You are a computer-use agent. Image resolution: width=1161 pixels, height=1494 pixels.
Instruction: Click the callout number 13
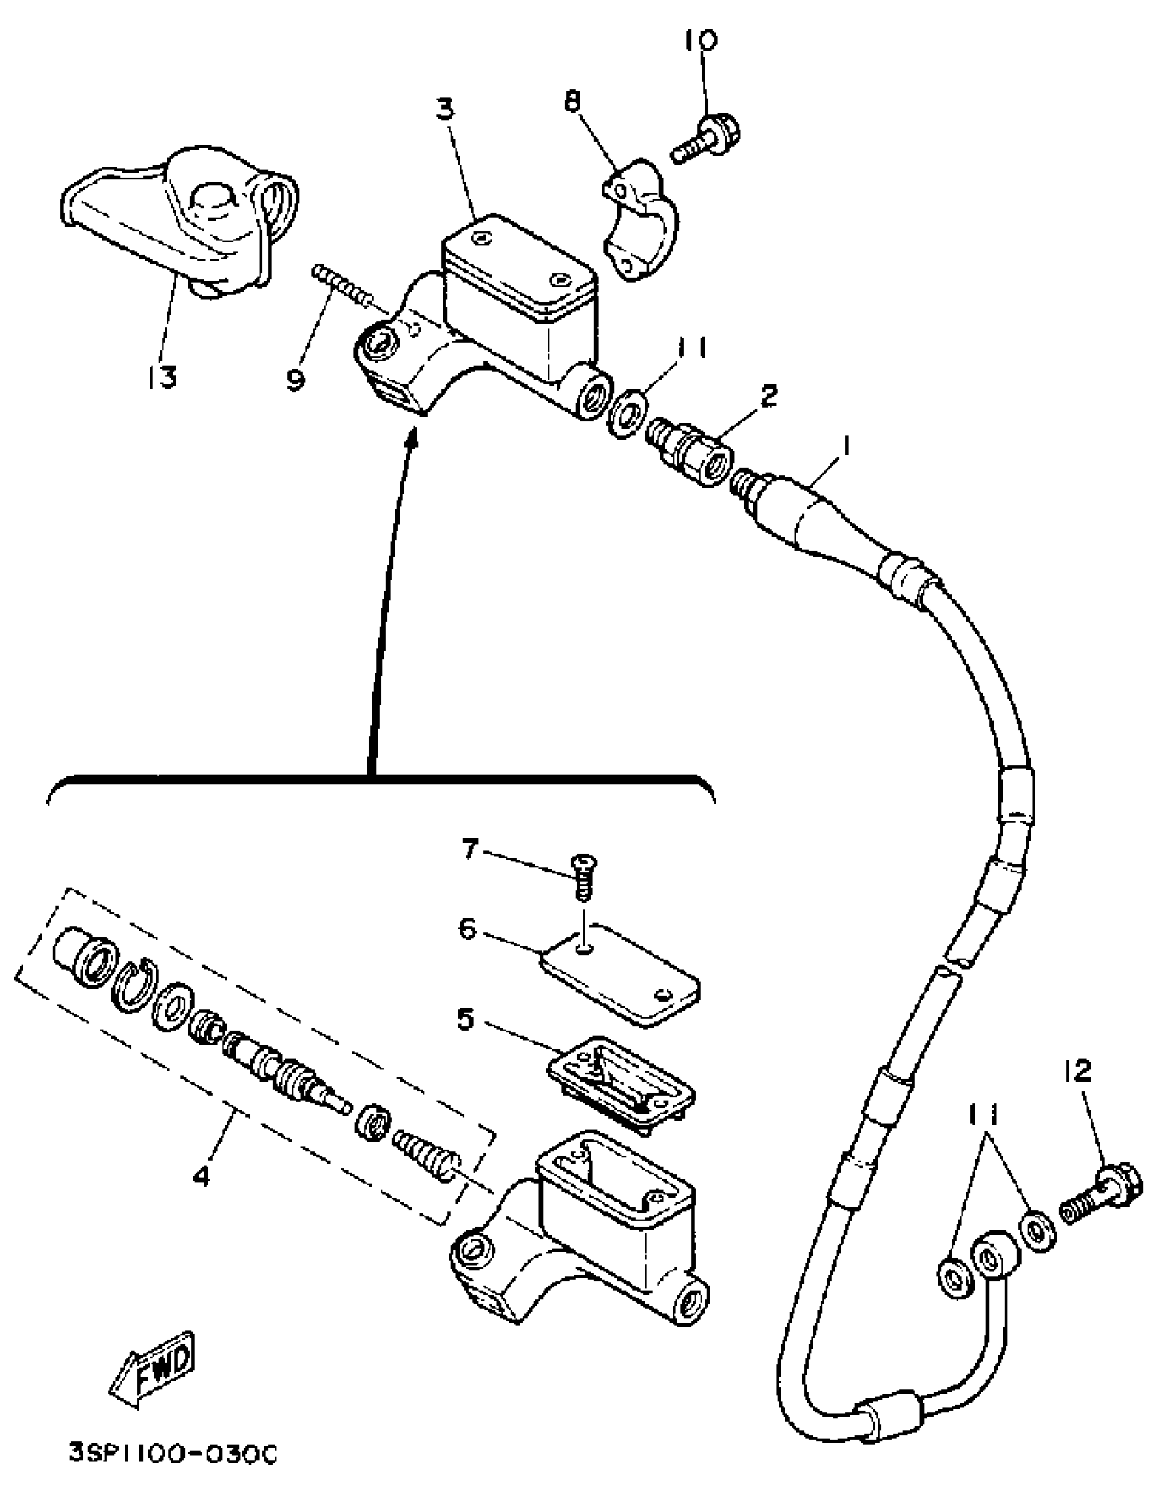[161, 376]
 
